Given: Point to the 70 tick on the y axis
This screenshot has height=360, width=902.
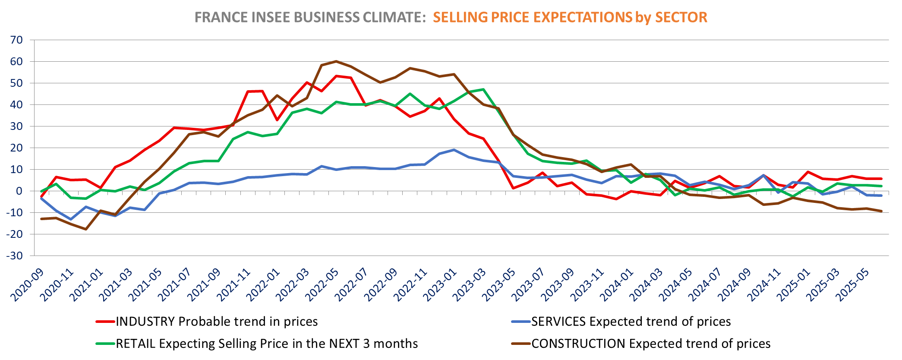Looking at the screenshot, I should click(16, 40).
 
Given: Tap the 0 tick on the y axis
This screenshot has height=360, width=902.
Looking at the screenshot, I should click(19, 191).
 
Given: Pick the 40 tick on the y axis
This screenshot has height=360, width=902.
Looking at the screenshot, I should click(16, 104).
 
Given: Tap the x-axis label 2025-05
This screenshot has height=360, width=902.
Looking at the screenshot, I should click(853, 285).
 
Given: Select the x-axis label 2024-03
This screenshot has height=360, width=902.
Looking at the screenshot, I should click(647, 285).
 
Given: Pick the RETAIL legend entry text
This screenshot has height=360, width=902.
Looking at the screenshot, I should click(267, 344).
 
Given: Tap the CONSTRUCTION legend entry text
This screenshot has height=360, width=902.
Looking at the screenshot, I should click(651, 344).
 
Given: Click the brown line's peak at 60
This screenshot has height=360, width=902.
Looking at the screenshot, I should click(336, 61).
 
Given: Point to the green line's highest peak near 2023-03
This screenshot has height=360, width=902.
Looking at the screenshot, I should click(483, 89).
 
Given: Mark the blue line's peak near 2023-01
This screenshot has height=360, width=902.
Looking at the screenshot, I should click(454, 150).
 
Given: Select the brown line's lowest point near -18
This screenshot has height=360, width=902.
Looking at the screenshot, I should click(86, 229).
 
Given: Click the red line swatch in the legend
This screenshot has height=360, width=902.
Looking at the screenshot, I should click(105, 322).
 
